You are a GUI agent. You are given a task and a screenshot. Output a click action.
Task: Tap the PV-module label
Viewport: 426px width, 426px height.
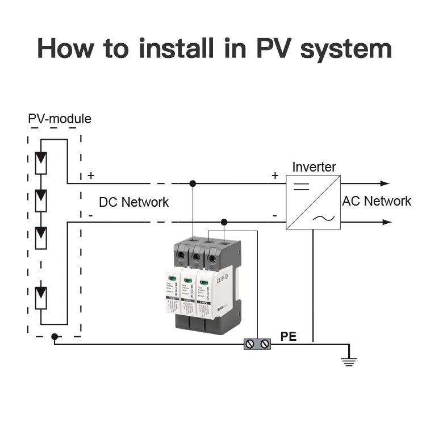[x=60, y=119]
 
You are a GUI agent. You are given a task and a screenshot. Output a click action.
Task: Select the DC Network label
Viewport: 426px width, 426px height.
[x=134, y=202]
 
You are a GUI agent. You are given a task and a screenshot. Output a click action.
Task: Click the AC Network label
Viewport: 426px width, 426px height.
[x=377, y=201]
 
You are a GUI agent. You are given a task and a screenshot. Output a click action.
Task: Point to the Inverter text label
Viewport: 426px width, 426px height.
[x=314, y=167]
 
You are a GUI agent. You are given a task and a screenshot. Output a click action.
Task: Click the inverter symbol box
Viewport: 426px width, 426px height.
[x=314, y=202]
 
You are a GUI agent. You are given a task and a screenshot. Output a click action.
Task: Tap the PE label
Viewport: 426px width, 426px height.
[x=289, y=336]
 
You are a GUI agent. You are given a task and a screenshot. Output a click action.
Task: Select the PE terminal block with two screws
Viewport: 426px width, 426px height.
[x=257, y=344]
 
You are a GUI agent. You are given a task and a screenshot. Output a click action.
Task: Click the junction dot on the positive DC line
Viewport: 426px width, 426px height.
[x=193, y=183]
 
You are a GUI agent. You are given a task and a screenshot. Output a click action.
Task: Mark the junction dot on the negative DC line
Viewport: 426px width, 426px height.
[x=224, y=222]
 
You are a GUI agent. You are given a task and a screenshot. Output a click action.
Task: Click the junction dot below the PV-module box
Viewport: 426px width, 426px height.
[x=55, y=337]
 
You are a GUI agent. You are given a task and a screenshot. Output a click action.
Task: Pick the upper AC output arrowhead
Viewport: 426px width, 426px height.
[x=385, y=183]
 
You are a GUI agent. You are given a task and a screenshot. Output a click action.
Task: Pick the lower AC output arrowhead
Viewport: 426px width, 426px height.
[x=385, y=222]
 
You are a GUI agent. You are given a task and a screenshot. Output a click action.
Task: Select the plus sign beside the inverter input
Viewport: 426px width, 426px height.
[x=275, y=176]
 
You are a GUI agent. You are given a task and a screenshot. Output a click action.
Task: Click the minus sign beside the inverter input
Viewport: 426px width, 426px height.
[x=275, y=215]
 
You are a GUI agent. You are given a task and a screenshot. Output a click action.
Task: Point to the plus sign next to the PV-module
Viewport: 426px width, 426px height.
[x=91, y=176]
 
